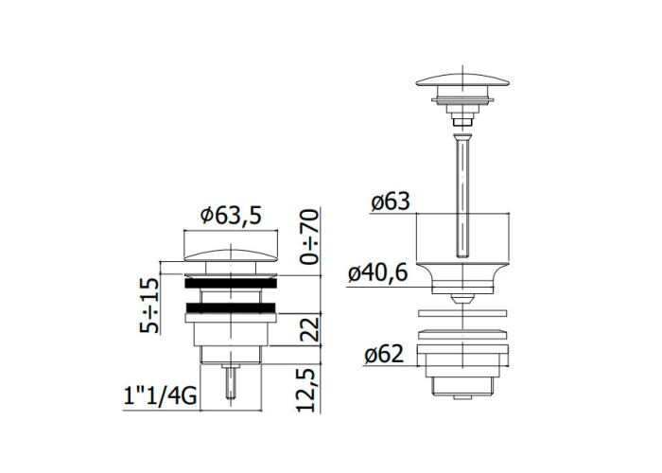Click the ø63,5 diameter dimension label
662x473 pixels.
pos(231,216)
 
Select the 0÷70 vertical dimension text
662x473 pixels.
pos(308,236)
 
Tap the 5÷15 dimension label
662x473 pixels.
pos(149,305)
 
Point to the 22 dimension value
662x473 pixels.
pos(308,330)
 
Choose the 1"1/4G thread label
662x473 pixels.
pos(160,397)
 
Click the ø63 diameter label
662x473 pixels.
pos(391,201)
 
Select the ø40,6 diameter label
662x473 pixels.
pos(378,272)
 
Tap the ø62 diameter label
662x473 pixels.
pos(384,354)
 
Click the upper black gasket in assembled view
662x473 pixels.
pos(231,284)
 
